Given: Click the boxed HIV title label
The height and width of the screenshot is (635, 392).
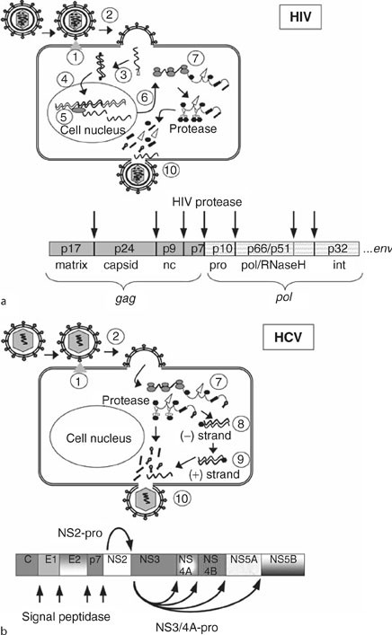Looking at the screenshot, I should coord(345,19).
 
